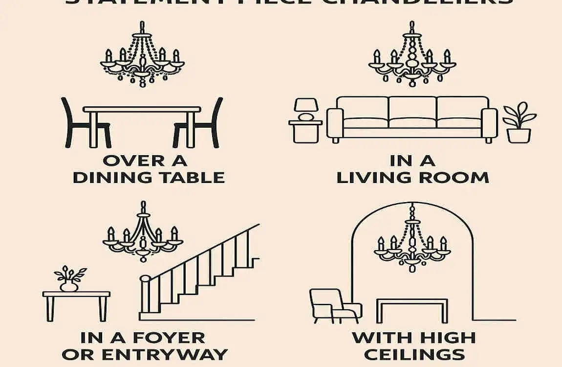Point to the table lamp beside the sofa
(x=306, y=109)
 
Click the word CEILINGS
(x=414, y=355)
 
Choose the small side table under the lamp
(x=305, y=131)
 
